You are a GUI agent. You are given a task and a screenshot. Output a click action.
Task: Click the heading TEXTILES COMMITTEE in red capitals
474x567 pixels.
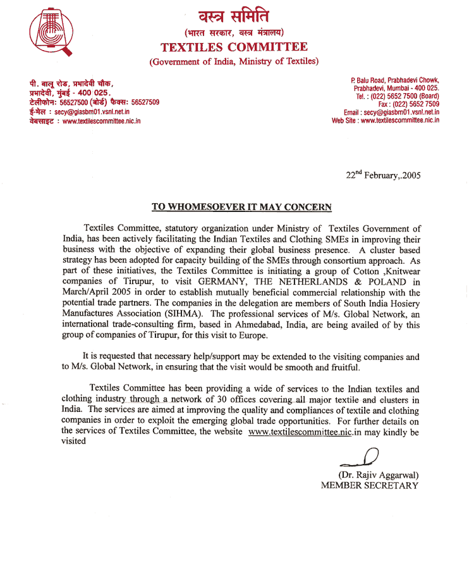click(x=234, y=47)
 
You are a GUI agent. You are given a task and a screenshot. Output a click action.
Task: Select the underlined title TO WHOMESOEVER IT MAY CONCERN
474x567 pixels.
click(x=241, y=207)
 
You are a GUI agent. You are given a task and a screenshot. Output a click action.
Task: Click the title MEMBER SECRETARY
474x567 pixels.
click(x=370, y=485)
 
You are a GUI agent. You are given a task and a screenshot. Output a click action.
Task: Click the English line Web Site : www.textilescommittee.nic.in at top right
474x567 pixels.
click(x=386, y=120)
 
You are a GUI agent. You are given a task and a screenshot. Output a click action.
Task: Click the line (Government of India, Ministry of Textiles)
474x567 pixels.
click(x=234, y=61)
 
